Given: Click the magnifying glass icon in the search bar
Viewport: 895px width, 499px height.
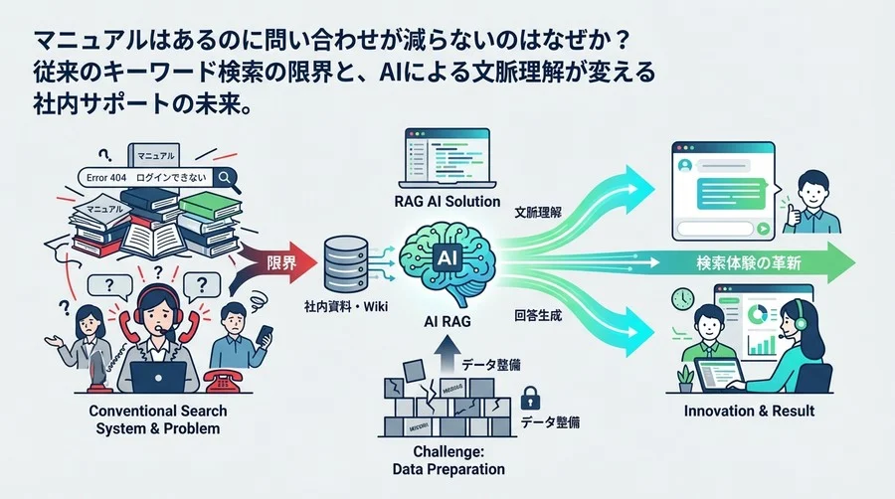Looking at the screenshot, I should (x=225, y=177).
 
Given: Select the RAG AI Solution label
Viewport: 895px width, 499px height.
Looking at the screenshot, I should (x=446, y=203).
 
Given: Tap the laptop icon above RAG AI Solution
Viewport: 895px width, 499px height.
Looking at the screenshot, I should (x=447, y=163).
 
